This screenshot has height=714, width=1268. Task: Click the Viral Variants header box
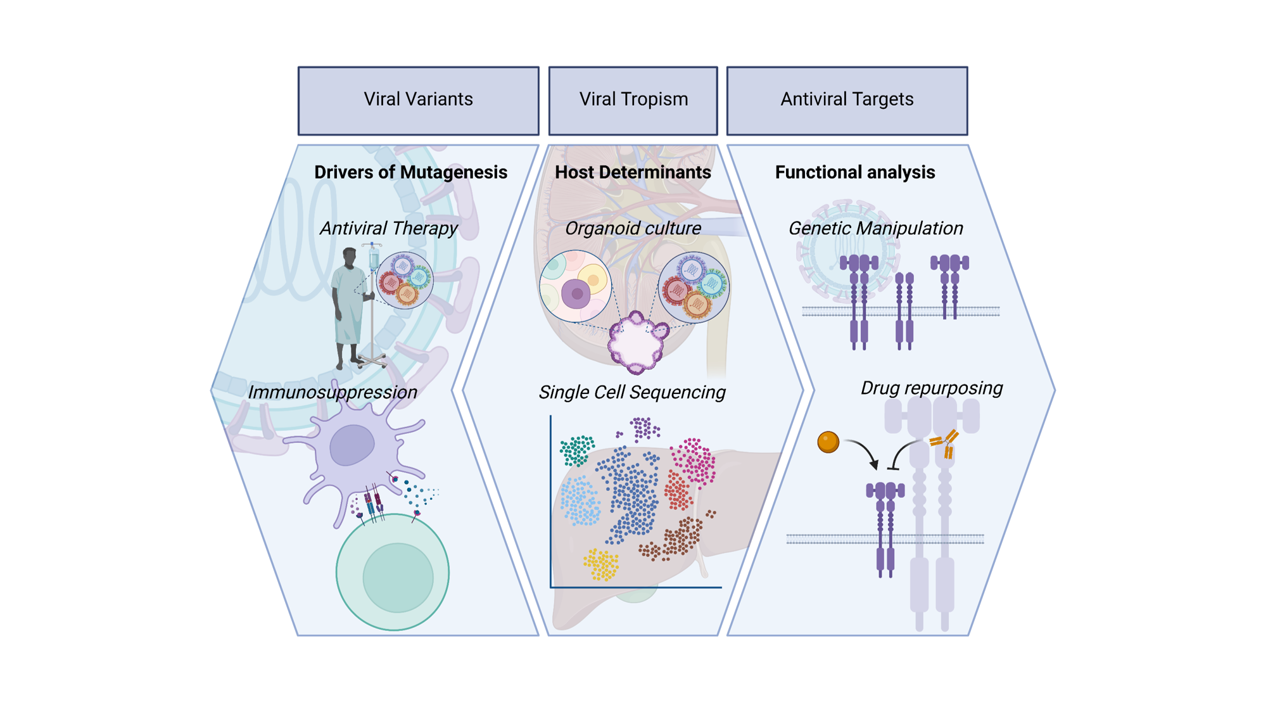click(x=418, y=101)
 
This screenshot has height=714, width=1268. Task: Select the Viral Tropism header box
click(x=633, y=101)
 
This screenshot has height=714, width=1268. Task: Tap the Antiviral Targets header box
click(x=847, y=101)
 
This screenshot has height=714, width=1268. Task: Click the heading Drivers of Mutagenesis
click(x=410, y=172)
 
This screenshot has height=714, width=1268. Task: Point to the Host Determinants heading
click(x=633, y=172)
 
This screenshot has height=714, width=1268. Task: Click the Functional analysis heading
click(x=854, y=172)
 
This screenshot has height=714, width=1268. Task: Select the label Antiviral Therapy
click(x=388, y=228)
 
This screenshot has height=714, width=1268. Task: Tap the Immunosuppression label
click(x=333, y=392)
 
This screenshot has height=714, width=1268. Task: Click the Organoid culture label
click(x=633, y=228)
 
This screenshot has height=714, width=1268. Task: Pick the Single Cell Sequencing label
click(x=631, y=392)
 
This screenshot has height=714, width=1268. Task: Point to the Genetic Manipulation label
click(x=875, y=228)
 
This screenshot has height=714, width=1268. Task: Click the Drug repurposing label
click(x=931, y=388)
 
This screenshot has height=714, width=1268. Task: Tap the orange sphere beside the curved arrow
click(x=828, y=442)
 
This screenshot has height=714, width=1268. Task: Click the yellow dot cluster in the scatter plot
click(x=601, y=564)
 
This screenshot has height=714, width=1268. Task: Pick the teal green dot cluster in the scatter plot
click(x=577, y=450)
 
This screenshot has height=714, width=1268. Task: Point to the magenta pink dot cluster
click(x=694, y=459)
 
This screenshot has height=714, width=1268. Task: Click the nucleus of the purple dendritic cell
click(x=352, y=445)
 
